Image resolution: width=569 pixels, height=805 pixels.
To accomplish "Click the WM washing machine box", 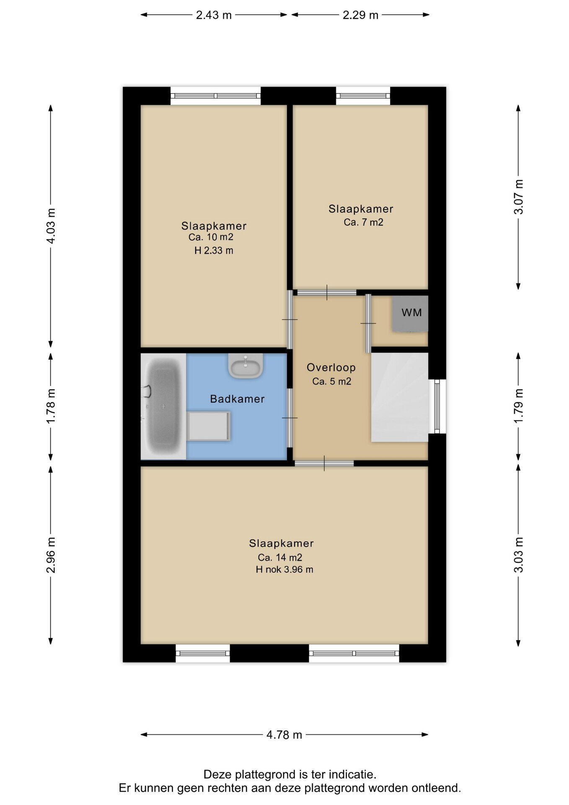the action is tap(410, 313).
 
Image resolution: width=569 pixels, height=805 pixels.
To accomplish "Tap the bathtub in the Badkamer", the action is tap(163, 406).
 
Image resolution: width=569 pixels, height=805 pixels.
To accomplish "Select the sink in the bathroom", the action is tap(246, 365).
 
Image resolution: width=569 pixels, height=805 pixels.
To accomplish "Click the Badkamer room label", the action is tap(237, 399).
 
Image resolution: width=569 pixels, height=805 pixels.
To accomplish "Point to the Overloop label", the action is tap(331, 368).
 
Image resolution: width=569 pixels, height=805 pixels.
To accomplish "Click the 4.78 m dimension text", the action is tap(284, 735).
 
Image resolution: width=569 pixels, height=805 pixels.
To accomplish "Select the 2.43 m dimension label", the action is tap(214, 15).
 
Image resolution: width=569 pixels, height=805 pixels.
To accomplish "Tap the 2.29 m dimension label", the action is tap(360, 15).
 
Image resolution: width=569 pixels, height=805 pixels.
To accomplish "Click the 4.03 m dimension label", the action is tap(51, 226).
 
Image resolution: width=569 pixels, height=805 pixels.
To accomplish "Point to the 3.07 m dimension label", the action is tap(519, 197).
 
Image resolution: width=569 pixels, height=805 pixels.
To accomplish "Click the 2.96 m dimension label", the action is tap(51, 555).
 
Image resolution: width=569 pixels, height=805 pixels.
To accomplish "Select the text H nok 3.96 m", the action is tap(284, 569).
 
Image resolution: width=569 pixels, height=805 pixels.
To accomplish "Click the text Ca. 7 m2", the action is tap(364, 222).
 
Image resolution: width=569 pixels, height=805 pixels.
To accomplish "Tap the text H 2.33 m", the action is tap(214, 251).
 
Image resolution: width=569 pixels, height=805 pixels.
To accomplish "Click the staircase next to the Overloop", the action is tap(400, 397).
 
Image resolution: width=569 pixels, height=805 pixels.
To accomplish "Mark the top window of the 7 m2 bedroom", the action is tap(363, 96).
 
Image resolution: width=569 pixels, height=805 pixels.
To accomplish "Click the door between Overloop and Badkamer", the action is tap(290, 418).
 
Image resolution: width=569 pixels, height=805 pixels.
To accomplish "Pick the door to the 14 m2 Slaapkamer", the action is tap(324, 463).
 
